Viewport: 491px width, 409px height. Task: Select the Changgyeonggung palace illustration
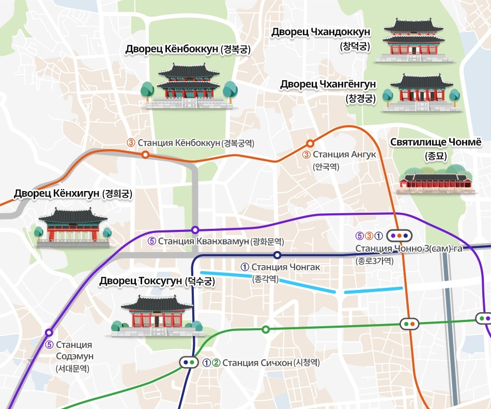(x=419, y=93)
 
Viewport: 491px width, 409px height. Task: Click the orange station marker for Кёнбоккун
(x=146, y=154)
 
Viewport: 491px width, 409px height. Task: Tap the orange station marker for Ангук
(x=310, y=143)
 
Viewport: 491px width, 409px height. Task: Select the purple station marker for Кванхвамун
(x=195, y=229)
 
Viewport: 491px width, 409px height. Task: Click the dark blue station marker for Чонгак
(x=278, y=255)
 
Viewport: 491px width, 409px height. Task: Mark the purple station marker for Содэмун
(x=49, y=332)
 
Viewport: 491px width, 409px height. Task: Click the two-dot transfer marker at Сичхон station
(x=189, y=362)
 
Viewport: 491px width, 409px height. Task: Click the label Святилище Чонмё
(x=435, y=142)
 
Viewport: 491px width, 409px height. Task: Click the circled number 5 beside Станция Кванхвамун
(x=152, y=241)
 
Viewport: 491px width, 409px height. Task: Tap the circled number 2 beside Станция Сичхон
(x=217, y=362)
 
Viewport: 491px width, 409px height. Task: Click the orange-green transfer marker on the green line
(x=410, y=324)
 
